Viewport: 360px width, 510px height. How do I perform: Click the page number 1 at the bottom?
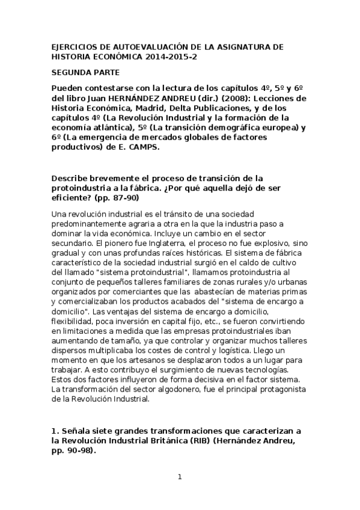pos(180,478)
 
